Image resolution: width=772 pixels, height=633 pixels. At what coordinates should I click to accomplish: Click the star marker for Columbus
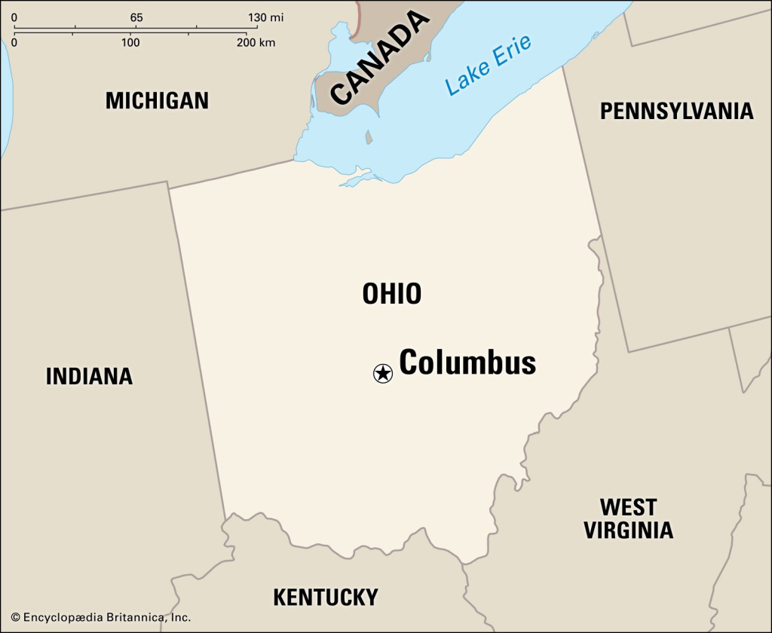383,372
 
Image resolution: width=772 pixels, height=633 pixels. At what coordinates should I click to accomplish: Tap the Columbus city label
467,362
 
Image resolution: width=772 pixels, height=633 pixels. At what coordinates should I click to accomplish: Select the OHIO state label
391,294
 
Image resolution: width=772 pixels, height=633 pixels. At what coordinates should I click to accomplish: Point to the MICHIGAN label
157,100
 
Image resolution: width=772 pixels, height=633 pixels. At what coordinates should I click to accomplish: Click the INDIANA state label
89,376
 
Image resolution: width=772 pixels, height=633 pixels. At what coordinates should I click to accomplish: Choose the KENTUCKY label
325,598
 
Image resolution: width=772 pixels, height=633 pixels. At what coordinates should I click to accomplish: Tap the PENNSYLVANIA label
676,112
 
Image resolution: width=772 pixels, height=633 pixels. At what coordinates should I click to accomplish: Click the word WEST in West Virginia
628,506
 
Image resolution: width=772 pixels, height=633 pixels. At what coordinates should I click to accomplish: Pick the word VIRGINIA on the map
628,530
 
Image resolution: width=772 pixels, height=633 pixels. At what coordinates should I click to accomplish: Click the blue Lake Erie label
488,65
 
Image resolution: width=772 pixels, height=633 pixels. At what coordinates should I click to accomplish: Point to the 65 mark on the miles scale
136,17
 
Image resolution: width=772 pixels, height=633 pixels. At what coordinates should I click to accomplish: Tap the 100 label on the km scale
130,42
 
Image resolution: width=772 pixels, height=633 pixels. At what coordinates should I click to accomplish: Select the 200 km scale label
256,42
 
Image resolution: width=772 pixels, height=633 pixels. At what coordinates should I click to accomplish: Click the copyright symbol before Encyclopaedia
15,618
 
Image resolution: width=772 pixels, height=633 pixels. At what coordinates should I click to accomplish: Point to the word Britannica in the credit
131,618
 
